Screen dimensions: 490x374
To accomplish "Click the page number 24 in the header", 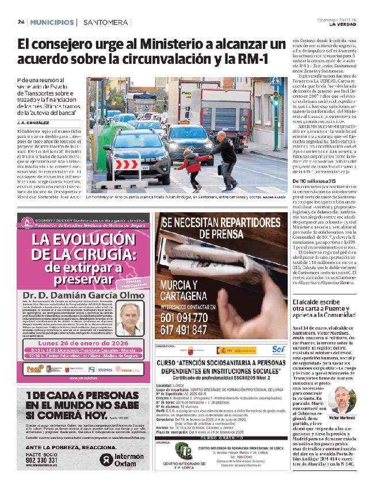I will click(x=21, y=22).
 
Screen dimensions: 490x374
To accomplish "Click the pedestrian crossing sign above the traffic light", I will click(x=276, y=83).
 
